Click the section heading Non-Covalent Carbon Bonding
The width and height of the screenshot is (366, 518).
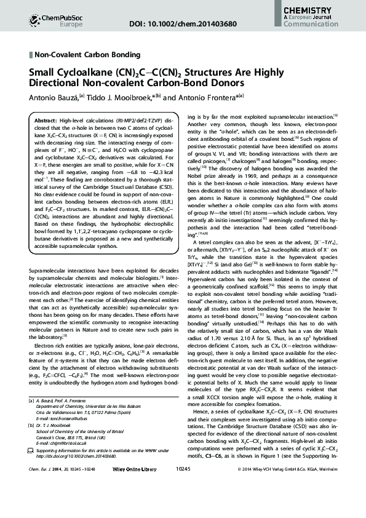(x=87, y=55)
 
